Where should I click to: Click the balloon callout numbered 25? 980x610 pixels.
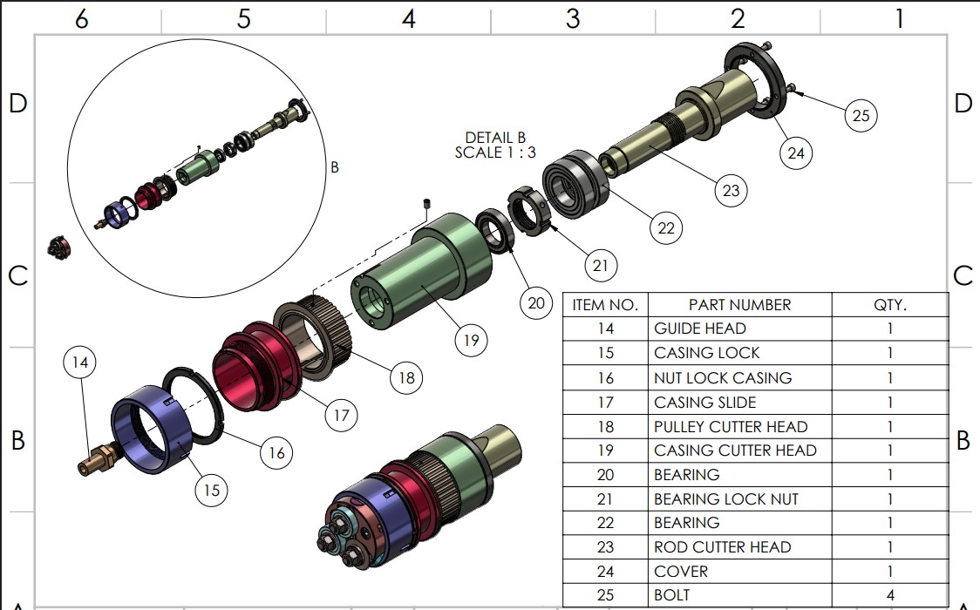point(861,115)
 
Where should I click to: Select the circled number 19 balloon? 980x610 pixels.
point(471,340)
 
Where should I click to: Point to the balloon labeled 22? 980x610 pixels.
point(666,228)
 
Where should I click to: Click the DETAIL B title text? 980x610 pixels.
point(495,138)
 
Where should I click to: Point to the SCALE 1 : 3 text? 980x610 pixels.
point(495,152)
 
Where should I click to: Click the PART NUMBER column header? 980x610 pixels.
point(739,305)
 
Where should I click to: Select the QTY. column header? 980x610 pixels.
point(890,305)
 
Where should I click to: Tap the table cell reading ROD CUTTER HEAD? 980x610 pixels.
point(723,547)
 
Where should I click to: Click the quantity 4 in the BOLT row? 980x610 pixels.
point(890,595)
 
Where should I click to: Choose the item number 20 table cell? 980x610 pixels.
point(605,475)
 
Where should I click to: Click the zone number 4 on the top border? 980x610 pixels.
point(408,18)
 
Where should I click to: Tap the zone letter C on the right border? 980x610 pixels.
point(963,276)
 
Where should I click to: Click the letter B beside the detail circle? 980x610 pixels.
point(335,168)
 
